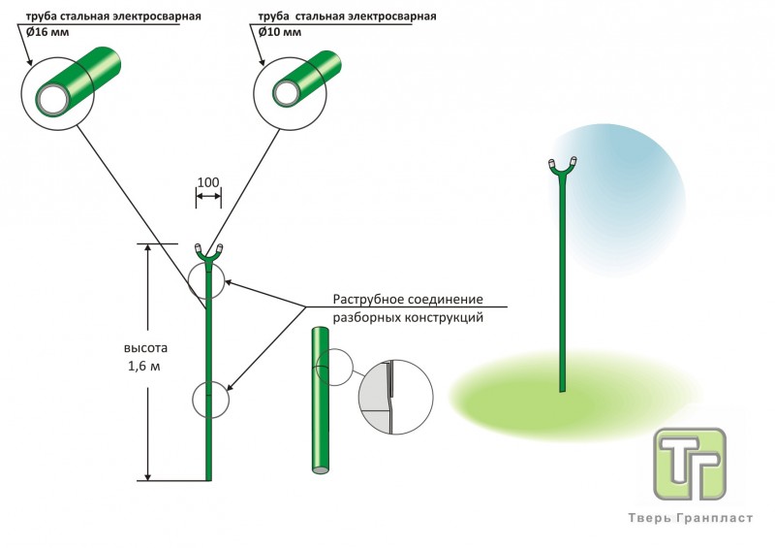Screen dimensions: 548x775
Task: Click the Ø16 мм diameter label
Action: click(x=46, y=31)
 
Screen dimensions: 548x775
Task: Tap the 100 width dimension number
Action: click(x=207, y=182)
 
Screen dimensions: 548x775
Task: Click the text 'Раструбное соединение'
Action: click(x=407, y=300)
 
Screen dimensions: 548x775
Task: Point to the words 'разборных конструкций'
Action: click(x=407, y=317)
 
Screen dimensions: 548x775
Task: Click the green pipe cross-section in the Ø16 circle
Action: click(x=77, y=82)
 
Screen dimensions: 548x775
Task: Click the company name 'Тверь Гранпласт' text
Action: click(x=689, y=519)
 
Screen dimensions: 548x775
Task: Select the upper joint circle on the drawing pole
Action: click(x=207, y=280)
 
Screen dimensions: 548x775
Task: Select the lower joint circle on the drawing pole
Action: click(x=210, y=399)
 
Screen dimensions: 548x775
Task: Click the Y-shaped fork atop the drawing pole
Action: click(x=208, y=253)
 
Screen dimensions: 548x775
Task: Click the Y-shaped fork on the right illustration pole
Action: click(x=563, y=168)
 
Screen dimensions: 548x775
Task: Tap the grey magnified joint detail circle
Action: click(x=391, y=397)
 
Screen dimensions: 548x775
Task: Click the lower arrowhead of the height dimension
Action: click(x=147, y=474)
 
